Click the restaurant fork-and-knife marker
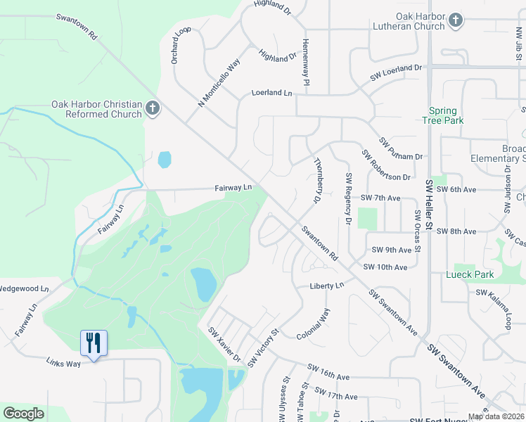tap(94, 343)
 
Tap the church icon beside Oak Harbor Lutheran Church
tap(455, 20)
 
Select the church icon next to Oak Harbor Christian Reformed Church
tap(153, 108)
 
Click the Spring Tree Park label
tap(443, 115)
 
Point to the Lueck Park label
tap(470, 274)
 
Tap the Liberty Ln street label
tap(327, 286)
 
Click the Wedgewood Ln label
tap(24, 288)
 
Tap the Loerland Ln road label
tap(271, 93)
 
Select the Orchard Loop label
tap(181, 46)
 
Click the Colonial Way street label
tap(313, 324)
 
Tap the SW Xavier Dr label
tap(224, 345)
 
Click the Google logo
tap(23, 414)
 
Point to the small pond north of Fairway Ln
tap(164, 160)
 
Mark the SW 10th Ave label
tap(385, 267)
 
